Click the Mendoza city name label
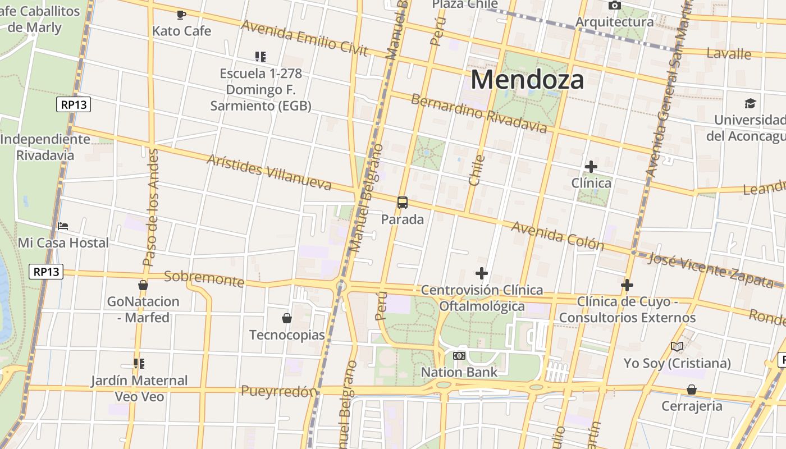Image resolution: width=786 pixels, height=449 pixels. click(527, 79)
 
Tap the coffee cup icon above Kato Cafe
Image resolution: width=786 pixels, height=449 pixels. click(181, 15)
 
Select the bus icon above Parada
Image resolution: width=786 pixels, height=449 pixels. click(403, 203)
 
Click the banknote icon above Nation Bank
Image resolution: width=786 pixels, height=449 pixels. click(459, 356)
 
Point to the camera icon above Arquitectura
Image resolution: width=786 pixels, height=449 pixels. click(615, 6)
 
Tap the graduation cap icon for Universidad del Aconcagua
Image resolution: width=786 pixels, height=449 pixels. click(750, 103)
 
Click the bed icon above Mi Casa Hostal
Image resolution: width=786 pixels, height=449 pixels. click(63, 226)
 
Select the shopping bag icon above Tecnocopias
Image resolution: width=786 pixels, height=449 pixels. click(287, 318)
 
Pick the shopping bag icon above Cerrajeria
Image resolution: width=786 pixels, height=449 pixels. click(692, 390)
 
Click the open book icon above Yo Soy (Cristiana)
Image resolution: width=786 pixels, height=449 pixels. click(677, 346)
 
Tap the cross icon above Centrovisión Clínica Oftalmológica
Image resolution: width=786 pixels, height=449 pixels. click(481, 273)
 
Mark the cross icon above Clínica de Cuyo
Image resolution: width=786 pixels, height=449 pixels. click(627, 285)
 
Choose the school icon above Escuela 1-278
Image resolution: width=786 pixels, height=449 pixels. click(260, 57)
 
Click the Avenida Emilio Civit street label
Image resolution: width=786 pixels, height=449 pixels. click(304, 38)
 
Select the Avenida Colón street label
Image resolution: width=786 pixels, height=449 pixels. click(557, 236)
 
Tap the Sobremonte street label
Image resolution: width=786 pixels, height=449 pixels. click(204, 278)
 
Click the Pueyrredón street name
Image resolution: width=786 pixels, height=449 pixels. click(278, 391)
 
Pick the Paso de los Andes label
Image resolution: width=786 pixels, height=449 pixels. click(150, 208)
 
